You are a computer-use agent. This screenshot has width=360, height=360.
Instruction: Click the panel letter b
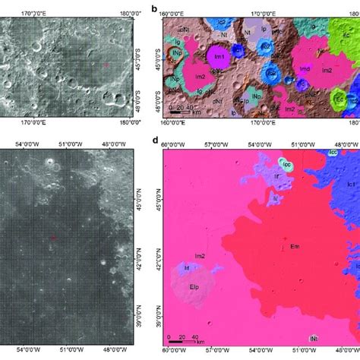[154, 8]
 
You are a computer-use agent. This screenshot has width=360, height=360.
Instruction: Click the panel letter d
[155, 139]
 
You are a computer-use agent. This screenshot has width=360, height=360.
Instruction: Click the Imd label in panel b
[304, 68]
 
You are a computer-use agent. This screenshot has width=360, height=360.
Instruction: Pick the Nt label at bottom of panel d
[312, 338]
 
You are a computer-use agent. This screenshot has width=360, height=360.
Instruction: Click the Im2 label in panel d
[201, 257]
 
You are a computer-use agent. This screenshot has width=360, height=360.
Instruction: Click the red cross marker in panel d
[284, 239]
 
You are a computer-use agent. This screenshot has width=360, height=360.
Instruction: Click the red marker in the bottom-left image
[52, 238]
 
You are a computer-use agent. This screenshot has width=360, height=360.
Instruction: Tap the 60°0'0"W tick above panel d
[170, 142]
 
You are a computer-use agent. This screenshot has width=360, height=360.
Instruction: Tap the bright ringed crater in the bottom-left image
[50, 162]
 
